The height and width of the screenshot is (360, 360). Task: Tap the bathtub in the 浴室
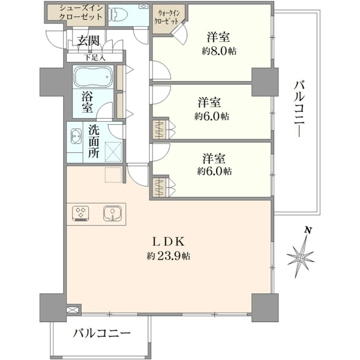point(93,77)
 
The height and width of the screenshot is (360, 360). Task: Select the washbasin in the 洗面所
point(76,136)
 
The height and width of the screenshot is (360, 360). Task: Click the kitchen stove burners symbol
point(80,214)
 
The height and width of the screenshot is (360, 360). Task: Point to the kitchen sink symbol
point(112,213)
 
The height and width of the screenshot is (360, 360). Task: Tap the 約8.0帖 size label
point(219,51)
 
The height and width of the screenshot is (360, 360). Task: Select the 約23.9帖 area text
point(168,256)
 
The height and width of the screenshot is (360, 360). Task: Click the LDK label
point(169,241)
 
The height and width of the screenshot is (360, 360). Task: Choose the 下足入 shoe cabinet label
point(95,58)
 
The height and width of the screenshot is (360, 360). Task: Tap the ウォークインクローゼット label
point(167,17)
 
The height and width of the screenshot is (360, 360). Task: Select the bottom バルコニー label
point(102,333)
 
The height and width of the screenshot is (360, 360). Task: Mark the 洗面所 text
point(94,142)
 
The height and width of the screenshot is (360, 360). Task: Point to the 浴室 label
point(87,102)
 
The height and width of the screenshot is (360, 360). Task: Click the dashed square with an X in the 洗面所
point(113,152)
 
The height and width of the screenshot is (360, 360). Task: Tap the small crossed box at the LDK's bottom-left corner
point(73,310)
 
